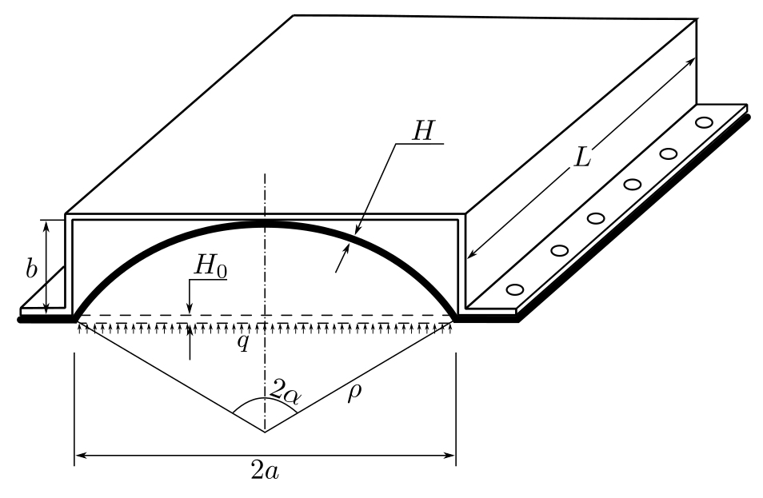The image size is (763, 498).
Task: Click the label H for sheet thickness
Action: tap(422, 131)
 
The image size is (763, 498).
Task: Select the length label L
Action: tap(582, 157)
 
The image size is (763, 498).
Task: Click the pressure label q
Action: tap(243, 342)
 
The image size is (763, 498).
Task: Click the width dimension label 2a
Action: tap(265, 470)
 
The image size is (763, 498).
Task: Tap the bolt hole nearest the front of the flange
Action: tap(515, 289)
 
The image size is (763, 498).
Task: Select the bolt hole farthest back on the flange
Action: tap(704, 122)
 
